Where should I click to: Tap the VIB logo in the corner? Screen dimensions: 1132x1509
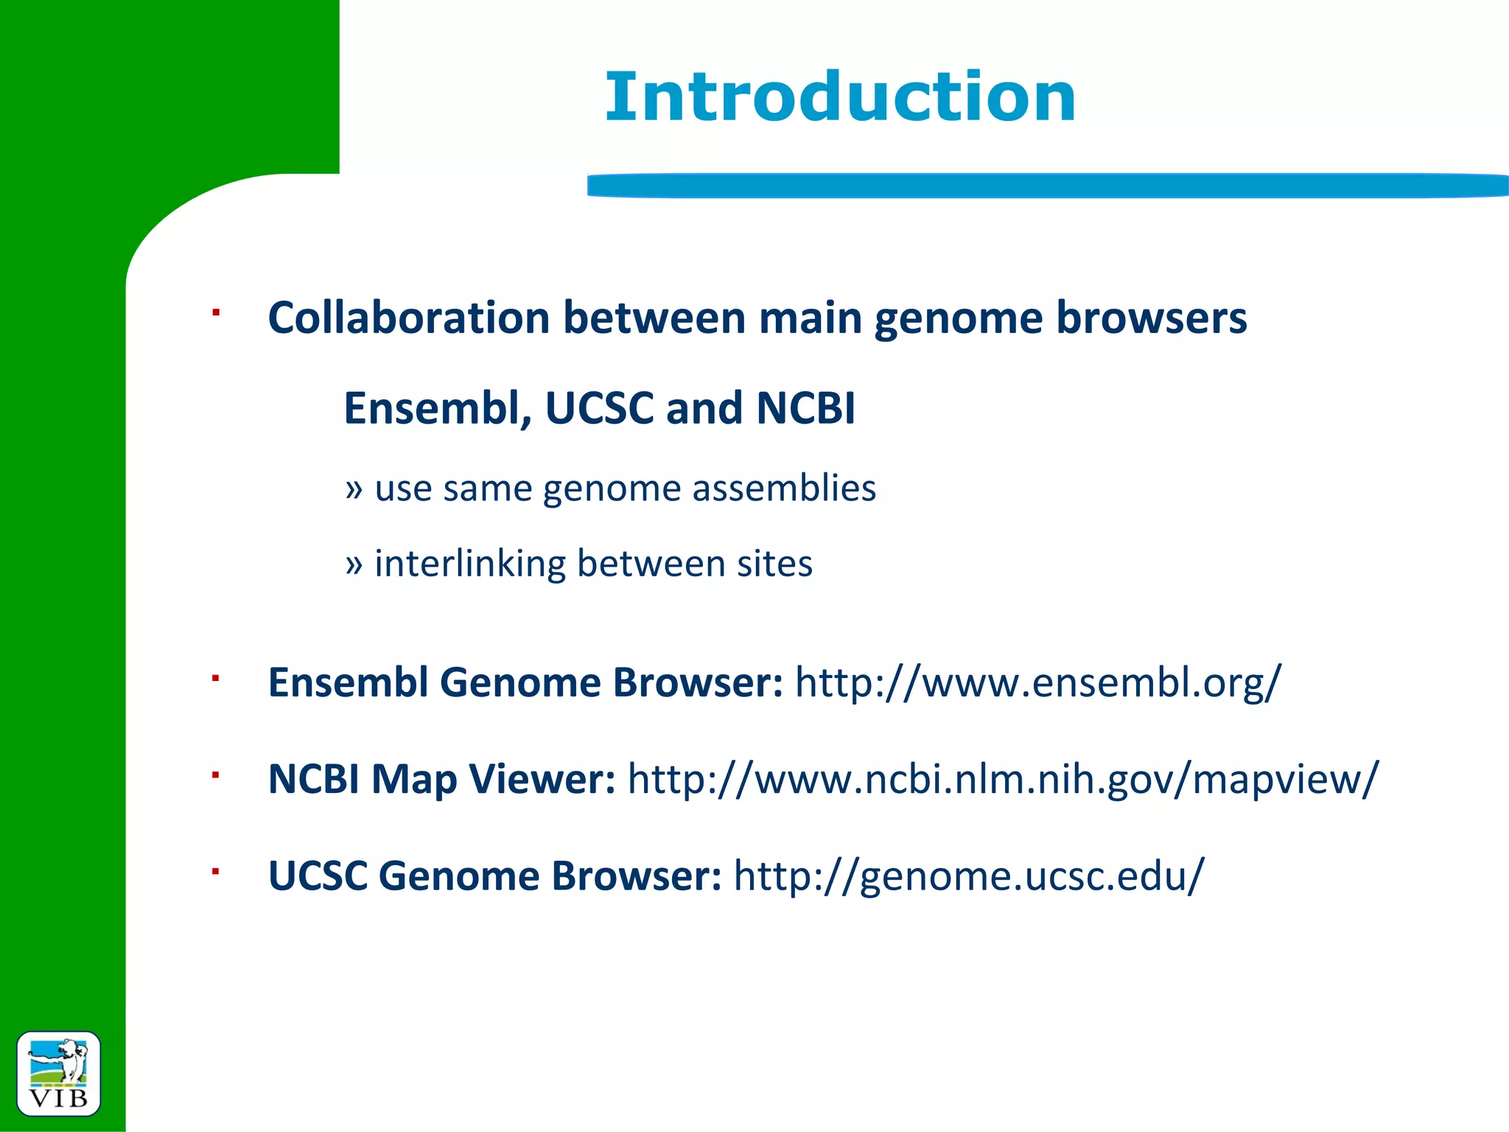(58, 1073)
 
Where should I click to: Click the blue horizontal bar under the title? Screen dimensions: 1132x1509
(1046, 186)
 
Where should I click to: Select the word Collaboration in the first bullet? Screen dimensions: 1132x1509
(409, 318)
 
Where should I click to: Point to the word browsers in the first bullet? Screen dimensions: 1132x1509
(1151, 318)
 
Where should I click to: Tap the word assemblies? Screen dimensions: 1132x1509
(784, 488)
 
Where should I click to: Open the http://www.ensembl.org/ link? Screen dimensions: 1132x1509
(1038, 682)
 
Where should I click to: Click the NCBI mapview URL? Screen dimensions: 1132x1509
(1002, 780)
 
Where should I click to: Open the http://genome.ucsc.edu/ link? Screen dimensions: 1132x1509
(968, 876)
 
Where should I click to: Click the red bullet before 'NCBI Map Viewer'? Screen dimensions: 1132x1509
(216, 775)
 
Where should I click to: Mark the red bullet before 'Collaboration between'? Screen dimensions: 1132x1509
(216, 313)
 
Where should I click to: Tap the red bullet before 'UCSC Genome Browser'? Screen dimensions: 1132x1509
(216, 872)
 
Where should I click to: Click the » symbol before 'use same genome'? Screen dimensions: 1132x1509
(354, 489)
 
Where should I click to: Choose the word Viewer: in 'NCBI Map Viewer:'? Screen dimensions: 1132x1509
(542, 779)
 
